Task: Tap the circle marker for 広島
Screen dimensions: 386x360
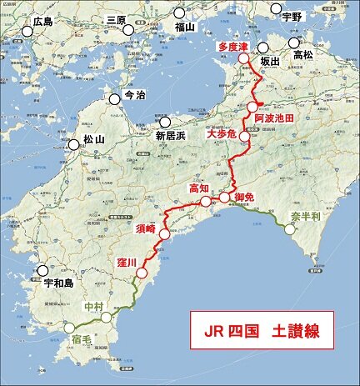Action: pos(27,32)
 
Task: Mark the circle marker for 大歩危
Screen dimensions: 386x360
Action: pos(244,137)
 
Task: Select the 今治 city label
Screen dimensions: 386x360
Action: pos(133,95)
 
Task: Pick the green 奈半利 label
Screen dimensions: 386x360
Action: pos(305,217)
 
